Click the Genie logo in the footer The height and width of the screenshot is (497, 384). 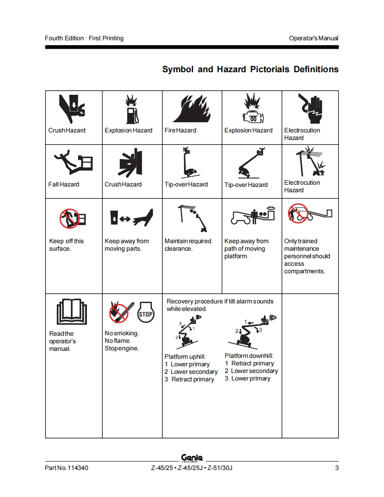[192, 458]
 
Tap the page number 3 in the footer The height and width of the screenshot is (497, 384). [337, 468]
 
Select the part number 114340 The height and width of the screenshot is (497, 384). [78, 468]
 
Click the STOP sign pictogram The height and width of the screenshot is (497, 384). [146, 312]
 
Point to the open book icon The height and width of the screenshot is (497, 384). [72, 311]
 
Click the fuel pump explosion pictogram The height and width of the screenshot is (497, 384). [132, 109]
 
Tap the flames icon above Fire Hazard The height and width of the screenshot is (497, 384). [192, 109]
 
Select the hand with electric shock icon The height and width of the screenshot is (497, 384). [310, 109]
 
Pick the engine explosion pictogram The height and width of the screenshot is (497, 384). [253, 109]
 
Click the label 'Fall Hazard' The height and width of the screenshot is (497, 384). [64, 184]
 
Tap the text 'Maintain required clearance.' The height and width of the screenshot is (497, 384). [188, 245]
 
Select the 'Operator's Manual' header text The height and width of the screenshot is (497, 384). [313, 39]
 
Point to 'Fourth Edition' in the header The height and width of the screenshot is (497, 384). [64, 39]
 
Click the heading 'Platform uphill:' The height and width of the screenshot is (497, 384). [185, 357]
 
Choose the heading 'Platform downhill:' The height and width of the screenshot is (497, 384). [249, 356]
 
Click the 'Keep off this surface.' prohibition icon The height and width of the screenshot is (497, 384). [70, 218]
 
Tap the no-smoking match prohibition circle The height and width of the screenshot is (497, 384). [119, 313]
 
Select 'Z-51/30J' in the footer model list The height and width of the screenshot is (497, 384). [219, 468]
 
